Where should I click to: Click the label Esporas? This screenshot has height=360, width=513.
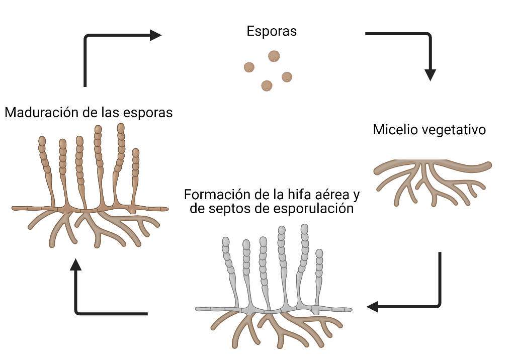[272, 31]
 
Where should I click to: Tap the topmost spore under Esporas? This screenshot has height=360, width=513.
[274, 56]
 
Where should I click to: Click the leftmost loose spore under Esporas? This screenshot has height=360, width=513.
[249, 67]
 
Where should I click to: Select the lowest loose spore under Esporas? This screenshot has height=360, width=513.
[267, 85]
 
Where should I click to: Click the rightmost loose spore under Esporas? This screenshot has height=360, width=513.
[287, 77]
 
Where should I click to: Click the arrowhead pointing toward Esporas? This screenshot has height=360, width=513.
[155, 35]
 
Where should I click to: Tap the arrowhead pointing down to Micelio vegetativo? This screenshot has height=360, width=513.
[430, 74]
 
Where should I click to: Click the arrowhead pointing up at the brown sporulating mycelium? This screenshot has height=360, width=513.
[76, 265]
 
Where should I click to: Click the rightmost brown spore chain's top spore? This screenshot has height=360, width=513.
[135, 152]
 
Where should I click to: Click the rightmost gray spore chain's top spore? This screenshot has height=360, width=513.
[319, 252]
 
